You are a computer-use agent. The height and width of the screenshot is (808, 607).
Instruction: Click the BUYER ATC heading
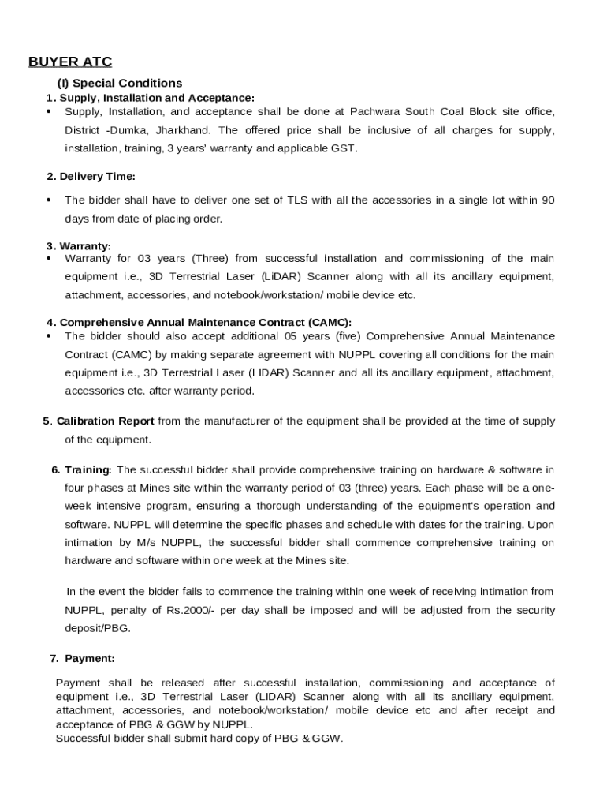pos(70,62)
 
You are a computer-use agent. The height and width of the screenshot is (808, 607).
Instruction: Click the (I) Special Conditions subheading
pos(119,83)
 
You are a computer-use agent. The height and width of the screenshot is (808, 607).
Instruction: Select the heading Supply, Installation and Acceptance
pos(157,98)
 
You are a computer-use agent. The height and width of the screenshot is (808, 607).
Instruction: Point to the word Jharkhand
pos(184,129)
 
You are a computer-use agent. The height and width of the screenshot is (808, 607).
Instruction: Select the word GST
pos(344,148)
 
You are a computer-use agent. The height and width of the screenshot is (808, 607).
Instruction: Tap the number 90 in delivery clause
pos(548,200)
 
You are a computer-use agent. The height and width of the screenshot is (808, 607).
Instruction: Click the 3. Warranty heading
pos(79,246)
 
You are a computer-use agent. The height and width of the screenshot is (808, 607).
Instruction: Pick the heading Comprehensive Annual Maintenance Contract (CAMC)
pos(205,323)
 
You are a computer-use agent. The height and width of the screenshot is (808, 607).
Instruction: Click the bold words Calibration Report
pos(105,421)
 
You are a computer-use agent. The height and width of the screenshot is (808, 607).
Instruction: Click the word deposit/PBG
pos(98,628)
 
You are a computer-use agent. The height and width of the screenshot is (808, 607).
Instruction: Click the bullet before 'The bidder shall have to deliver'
pos(49,200)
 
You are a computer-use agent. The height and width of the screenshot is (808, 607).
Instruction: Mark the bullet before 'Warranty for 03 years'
pos(49,259)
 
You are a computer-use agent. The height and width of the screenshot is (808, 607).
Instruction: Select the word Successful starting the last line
pos(84,739)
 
